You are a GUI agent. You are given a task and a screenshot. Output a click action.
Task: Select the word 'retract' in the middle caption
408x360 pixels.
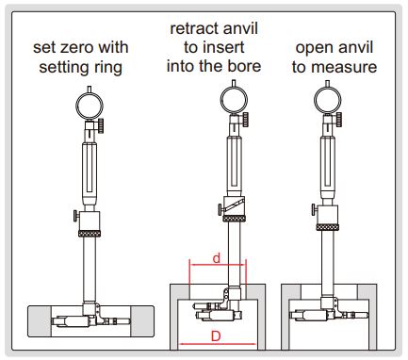[x=191, y=29]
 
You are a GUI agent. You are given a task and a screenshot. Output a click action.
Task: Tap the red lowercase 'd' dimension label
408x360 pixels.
[x=216, y=258]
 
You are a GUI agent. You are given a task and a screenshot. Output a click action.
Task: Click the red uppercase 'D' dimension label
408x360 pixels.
[x=216, y=336]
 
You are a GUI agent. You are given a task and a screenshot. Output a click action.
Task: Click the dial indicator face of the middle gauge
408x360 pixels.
[x=234, y=100]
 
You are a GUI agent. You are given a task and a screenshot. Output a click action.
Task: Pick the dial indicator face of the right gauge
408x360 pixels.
[x=328, y=100]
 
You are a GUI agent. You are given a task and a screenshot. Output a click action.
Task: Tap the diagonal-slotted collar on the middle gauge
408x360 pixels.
[x=234, y=206]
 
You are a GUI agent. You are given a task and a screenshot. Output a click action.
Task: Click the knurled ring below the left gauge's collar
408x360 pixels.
[x=90, y=234]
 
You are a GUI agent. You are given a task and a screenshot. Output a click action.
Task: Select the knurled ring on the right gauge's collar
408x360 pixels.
[x=328, y=227]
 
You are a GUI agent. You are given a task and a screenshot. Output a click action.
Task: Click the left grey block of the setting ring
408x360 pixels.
[x=40, y=321]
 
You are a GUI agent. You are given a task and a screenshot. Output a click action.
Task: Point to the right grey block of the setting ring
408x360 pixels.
[x=142, y=321]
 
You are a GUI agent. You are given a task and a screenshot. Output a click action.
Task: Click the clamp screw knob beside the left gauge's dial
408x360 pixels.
[x=101, y=125]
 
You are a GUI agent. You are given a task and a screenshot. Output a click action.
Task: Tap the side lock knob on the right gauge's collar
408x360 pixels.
[x=314, y=209]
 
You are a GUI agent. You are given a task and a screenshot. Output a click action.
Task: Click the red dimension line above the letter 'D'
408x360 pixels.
[x=218, y=344]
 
